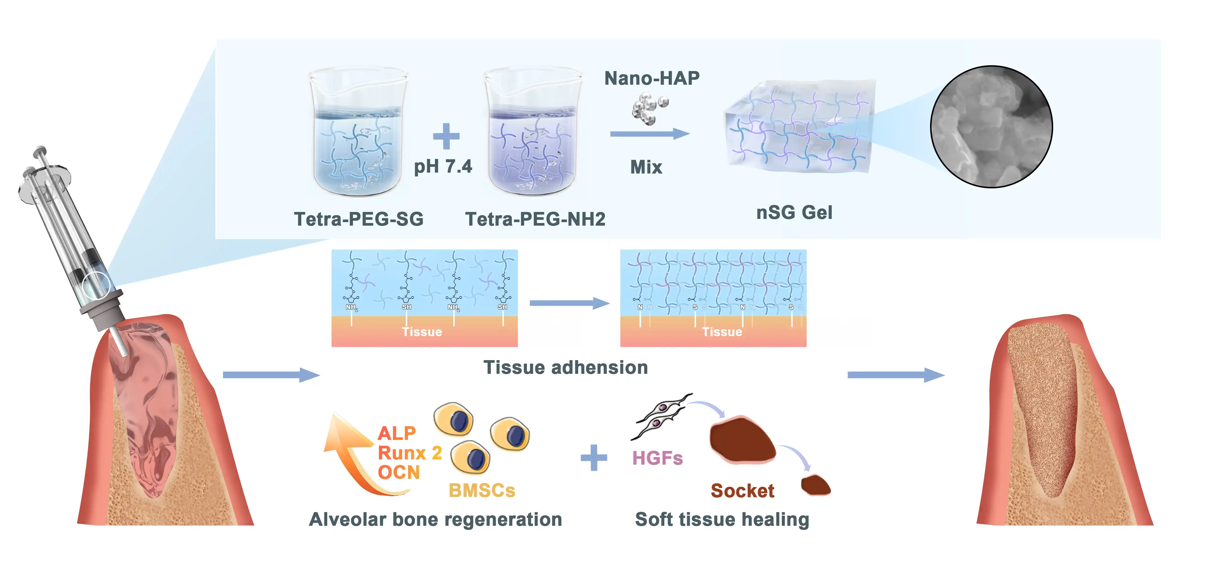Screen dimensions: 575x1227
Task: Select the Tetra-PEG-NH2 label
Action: pyautogui.click(x=535, y=219)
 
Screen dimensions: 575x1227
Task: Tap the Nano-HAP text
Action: pyautogui.click(x=651, y=78)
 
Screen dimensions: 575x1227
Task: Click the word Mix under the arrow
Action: pyautogui.click(x=646, y=167)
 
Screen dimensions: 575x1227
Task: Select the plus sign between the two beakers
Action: pyautogui.click(x=446, y=136)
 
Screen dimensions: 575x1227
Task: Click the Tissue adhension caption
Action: pyautogui.click(x=565, y=367)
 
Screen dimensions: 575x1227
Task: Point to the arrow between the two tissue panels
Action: pyautogui.click(x=569, y=303)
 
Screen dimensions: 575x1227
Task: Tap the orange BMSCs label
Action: pyautogui.click(x=481, y=490)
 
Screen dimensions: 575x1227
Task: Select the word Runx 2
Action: pyautogui.click(x=410, y=452)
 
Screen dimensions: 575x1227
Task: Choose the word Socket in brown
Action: pyautogui.click(x=742, y=491)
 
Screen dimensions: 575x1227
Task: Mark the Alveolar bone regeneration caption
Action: pyautogui.click(x=435, y=519)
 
